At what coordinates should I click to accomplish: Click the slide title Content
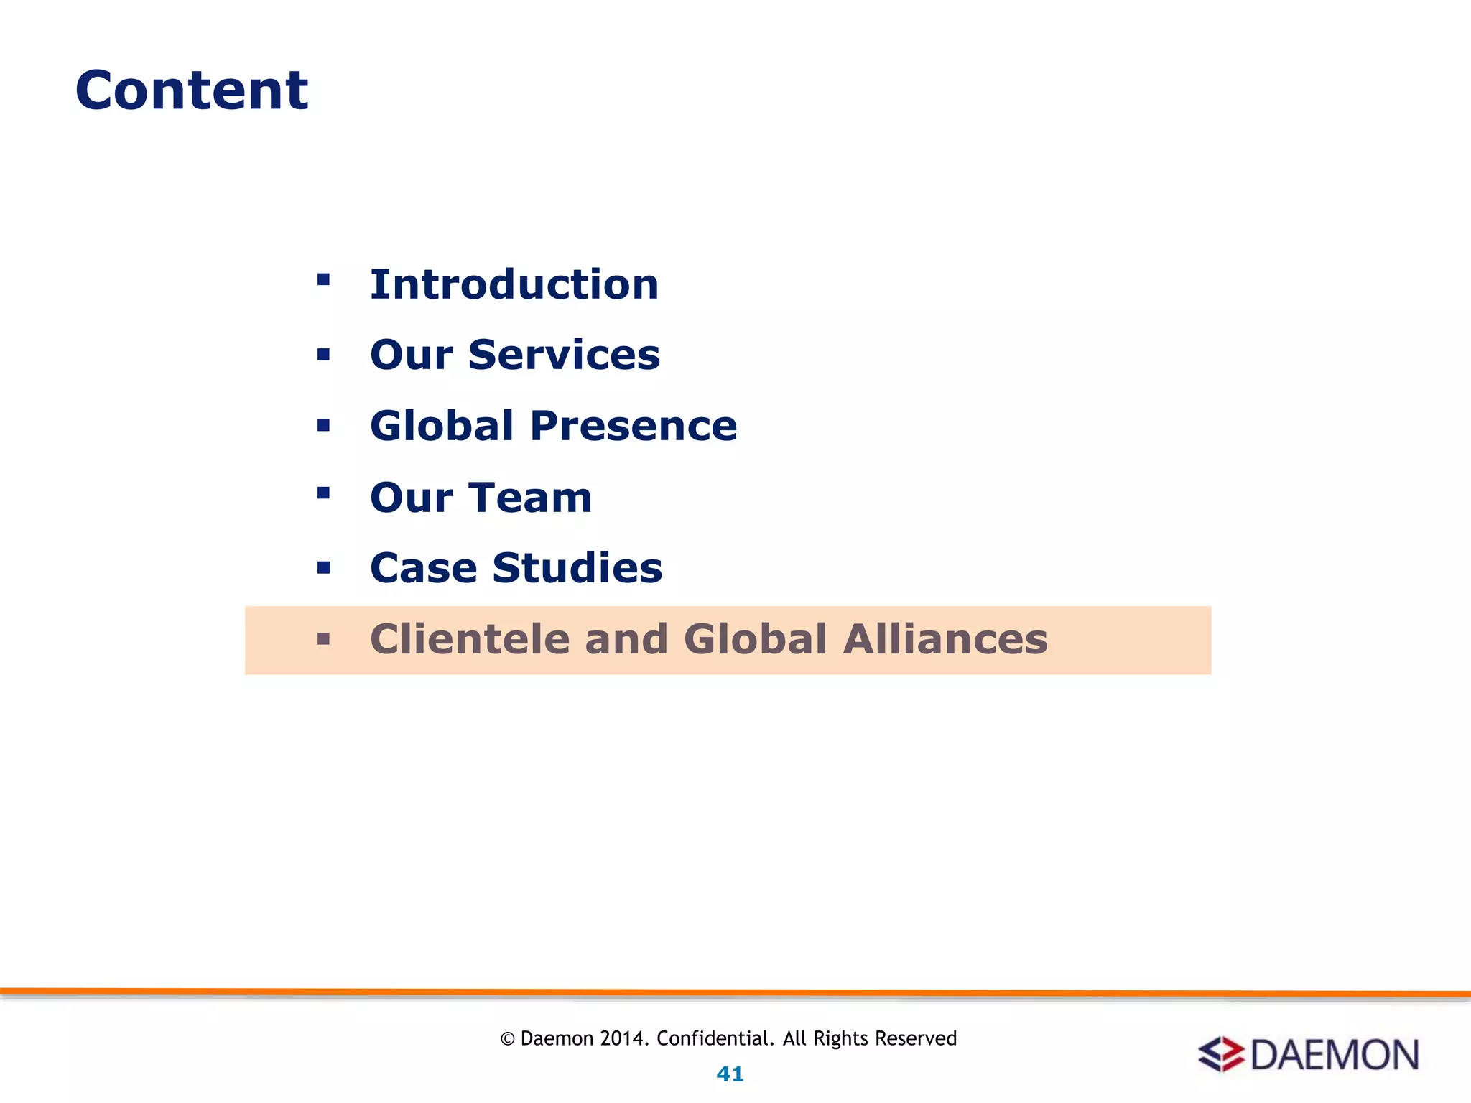point(192,90)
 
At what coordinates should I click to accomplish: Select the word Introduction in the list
point(514,284)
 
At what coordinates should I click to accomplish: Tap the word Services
point(564,355)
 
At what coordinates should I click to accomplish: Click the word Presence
point(634,426)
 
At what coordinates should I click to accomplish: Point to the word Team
point(532,497)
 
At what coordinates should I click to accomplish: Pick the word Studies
point(577,568)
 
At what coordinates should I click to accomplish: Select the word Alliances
point(945,639)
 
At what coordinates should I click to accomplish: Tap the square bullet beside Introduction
point(323,279)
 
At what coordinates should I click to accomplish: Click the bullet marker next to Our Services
point(323,354)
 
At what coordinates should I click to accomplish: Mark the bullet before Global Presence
point(323,425)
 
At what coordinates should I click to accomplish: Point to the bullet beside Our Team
point(323,493)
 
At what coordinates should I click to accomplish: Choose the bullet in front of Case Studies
point(323,568)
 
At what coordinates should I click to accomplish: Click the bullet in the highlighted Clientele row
point(323,638)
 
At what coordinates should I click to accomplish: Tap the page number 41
point(730,1074)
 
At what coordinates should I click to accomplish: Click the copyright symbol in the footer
point(508,1039)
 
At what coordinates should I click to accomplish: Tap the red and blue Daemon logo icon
point(1221,1054)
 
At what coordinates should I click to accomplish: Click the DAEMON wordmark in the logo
point(1335,1054)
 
